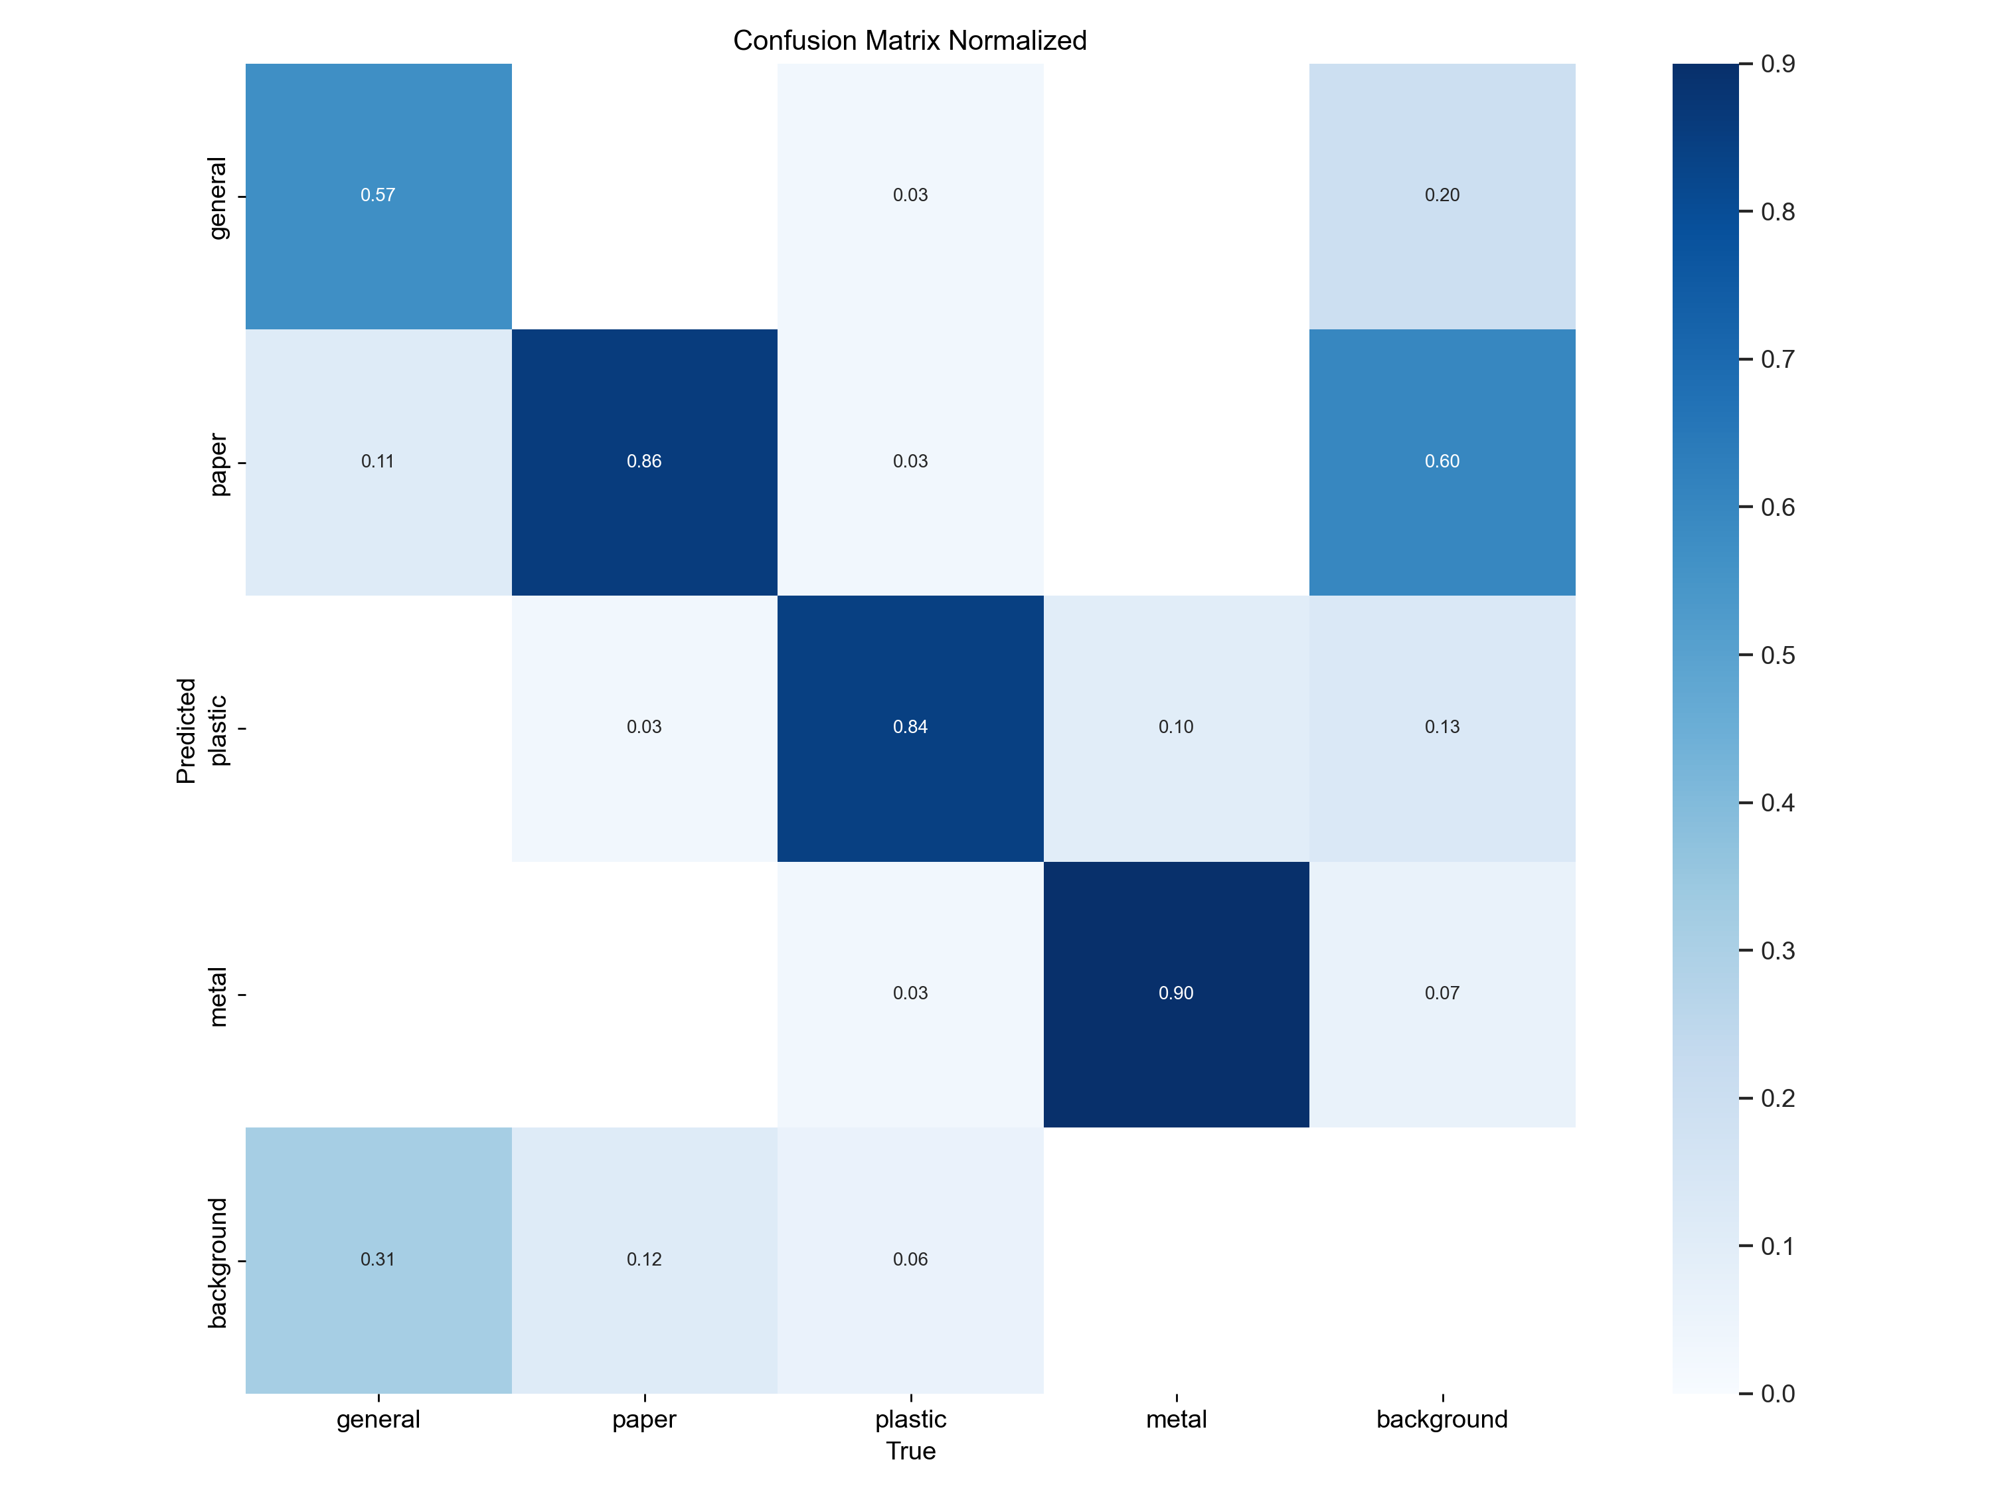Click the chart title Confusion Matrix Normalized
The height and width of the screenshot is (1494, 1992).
tap(910, 41)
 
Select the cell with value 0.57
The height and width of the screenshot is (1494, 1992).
tap(378, 195)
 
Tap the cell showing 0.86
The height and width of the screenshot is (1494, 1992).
tap(644, 461)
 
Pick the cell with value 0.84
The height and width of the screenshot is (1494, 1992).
tap(910, 726)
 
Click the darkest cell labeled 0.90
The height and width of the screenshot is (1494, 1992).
tap(1176, 993)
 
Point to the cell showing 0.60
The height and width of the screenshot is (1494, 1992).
tap(1442, 461)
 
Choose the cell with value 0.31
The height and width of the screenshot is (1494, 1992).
tap(378, 1259)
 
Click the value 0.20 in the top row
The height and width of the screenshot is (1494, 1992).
tap(1442, 195)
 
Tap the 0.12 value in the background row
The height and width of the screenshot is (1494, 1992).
tap(644, 1259)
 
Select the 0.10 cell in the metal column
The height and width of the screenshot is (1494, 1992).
tap(1176, 726)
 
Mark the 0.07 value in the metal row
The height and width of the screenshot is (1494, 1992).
tap(1442, 993)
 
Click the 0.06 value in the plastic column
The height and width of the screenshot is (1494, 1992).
tap(910, 1259)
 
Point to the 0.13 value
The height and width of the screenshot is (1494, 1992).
tap(1442, 726)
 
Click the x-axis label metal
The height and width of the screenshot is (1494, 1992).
tap(1176, 1419)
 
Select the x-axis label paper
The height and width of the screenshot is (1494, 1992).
tap(644, 1419)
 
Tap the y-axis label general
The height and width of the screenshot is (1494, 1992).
tap(217, 198)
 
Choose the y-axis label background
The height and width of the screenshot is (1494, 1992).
tap(217, 1262)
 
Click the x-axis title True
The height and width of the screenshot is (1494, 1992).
tap(910, 1451)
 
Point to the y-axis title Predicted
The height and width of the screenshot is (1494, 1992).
tap(185, 730)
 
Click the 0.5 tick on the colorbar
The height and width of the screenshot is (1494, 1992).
tap(1778, 655)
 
